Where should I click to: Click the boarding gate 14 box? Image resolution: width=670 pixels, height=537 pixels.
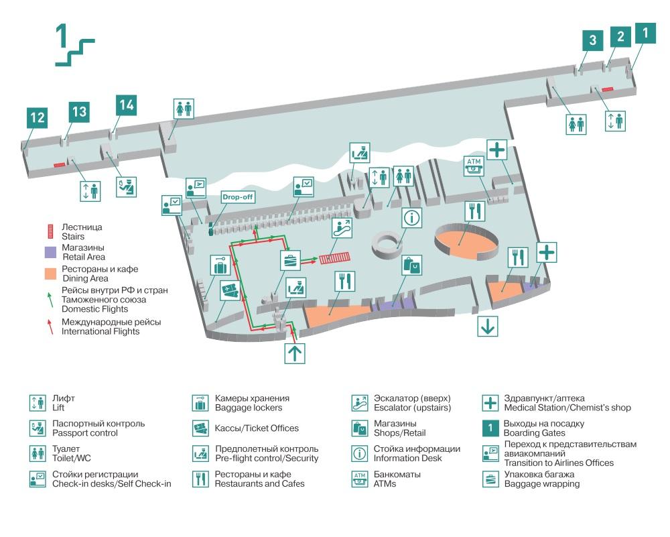click(x=126, y=105)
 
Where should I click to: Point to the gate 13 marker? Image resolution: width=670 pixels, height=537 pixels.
click(x=79, y=111)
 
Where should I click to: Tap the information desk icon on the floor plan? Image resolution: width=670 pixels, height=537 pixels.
click(x=412, y=218)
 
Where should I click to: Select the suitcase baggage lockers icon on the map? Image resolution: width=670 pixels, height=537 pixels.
click(x=220, y=267)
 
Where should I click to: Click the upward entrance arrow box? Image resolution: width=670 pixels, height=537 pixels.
click(x=295, y=353)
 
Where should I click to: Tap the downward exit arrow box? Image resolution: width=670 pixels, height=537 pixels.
click(x=487, y=326)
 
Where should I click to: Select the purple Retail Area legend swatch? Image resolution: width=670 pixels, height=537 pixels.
click(x=50, y=252)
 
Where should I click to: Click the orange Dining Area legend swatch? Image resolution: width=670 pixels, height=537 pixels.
click(x=50, y=274)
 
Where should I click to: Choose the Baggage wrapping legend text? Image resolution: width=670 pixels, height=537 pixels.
click(x=542, y=483)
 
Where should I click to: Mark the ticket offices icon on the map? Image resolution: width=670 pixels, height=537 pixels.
click(x=231, y=292)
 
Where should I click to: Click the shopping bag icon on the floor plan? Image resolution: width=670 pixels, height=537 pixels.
click(x=412, y=266)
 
